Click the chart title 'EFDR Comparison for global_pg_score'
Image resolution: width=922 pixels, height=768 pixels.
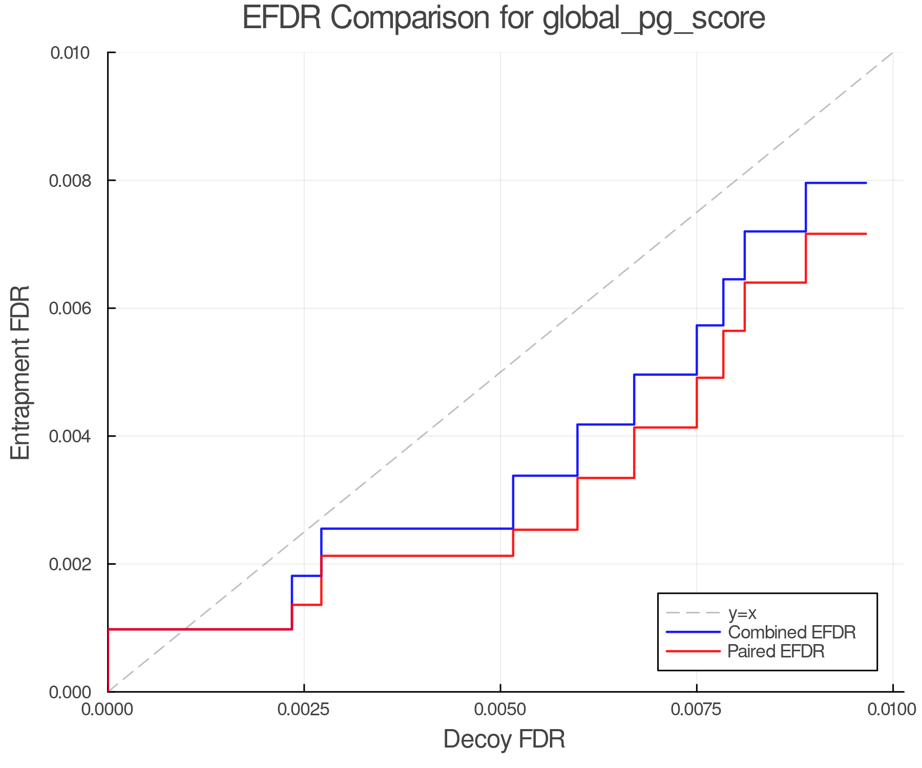tap(504, 18)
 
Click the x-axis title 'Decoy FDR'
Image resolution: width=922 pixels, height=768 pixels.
tap(504, 739)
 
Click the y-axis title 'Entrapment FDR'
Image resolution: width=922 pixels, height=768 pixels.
tap(21, 372)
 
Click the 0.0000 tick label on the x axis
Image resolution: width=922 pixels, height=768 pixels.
tap(107, 710)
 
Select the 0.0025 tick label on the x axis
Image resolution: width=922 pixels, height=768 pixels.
tap(304, 710)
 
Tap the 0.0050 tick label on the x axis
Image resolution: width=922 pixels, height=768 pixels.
tap(500, 710)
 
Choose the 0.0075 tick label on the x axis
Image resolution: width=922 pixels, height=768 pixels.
tap(697, 710)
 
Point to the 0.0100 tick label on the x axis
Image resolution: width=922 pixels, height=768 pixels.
tap(893, 710)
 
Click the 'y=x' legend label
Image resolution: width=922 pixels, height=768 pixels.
tap(742, 613)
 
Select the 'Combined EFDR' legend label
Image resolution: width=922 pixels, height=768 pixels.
tap(792, 632)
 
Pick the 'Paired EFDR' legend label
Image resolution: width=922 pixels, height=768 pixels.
tap(776, 651)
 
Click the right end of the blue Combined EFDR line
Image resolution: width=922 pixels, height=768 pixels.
tap(865, 183)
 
